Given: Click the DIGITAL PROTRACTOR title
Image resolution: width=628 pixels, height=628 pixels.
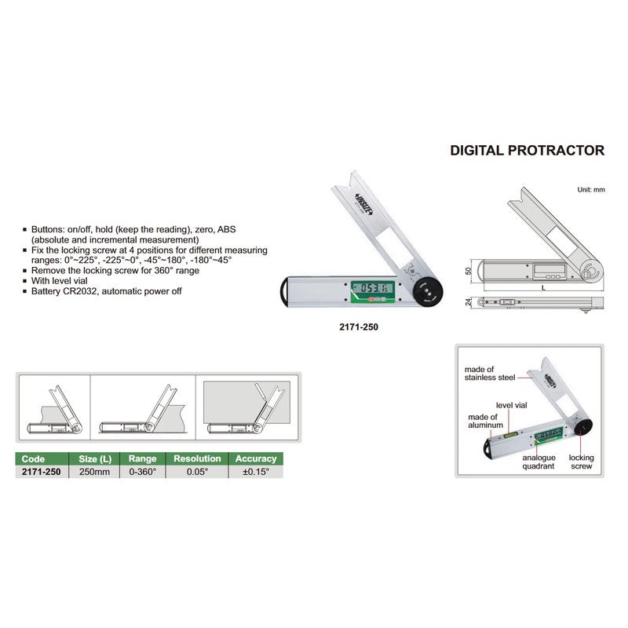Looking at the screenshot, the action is click(527, 150).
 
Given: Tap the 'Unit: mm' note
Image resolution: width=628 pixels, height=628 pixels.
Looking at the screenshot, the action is click(591, 189).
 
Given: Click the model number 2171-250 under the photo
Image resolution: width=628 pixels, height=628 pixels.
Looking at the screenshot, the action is click(359, 327).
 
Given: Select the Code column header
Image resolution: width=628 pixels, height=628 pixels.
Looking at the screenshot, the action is click(33, 458).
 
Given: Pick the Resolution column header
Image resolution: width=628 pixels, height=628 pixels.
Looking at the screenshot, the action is click(197, 458).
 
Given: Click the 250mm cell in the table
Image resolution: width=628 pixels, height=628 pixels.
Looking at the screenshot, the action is click(94, 472).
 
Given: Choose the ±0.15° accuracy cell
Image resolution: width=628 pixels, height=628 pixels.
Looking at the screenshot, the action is click(256, 472).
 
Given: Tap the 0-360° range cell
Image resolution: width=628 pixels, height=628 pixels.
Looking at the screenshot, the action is click(142, 472).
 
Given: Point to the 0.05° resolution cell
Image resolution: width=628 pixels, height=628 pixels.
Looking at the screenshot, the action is click(197, 472).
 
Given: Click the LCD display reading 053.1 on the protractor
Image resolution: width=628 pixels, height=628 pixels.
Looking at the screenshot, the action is click(372, 288).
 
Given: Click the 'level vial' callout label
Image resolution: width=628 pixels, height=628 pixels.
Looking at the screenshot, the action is click(512, 405).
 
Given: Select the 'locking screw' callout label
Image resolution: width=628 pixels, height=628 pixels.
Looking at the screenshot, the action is click(581, 462).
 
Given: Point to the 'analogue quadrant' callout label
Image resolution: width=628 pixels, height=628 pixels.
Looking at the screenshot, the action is click(539, 462).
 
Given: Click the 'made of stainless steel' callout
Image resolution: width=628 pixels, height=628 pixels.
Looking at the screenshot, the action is click(490, 374).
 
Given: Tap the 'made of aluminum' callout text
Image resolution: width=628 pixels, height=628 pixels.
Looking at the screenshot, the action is click(485, 421).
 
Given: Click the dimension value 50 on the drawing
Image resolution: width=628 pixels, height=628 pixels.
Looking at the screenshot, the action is click(468, 271).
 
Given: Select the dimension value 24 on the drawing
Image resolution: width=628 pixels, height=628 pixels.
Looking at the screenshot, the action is click(468, 302).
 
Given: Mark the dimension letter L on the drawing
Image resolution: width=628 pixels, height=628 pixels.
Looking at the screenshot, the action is click(543, 287).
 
